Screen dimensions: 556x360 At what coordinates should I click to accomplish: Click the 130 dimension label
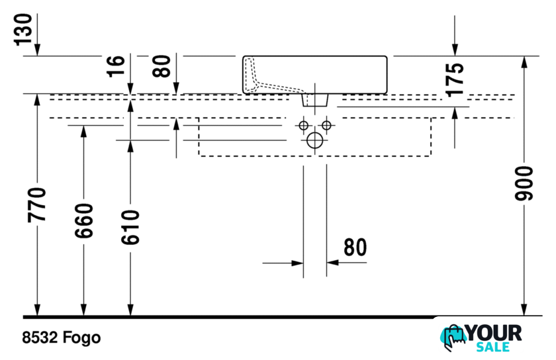click(23, 30)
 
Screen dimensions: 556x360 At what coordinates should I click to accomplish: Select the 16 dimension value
click(116, 66)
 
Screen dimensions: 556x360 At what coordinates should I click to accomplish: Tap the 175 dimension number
click(455, 80)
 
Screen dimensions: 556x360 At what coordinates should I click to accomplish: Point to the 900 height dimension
click(524, 183)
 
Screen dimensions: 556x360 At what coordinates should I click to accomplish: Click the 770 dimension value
click(37, 205)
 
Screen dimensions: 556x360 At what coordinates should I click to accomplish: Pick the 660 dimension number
click(83, 220)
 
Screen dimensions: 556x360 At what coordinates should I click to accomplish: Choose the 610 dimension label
click(130, 228)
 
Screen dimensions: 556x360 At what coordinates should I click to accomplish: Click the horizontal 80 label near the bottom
click(355, 247)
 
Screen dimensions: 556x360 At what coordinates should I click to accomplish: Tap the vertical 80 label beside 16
click(162, 66)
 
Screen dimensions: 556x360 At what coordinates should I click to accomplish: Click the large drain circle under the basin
click(315, 140)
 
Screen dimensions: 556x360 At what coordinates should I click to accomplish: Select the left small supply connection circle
click(304, 125)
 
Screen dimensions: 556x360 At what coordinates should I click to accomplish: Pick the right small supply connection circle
click(326, 125)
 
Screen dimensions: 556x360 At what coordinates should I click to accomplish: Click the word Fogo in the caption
click(81, 337)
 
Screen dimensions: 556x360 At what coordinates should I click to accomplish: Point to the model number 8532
click(40, 337)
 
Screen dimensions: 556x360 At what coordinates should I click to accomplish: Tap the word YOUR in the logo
click(494, 334)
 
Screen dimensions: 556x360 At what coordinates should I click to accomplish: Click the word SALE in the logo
click(492, 347)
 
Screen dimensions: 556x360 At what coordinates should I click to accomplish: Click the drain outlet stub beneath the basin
click(315, 100)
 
